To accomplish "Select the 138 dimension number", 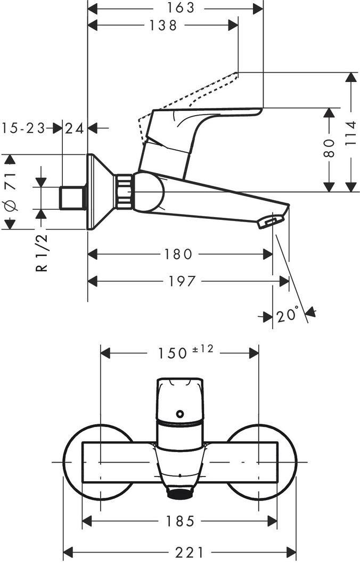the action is tap(163, 26).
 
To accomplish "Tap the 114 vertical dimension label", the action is tap(351, 134).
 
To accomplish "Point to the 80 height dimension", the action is tap(329, 148).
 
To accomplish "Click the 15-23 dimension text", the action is tap(23, 128).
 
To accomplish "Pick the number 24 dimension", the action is tap(75, 128).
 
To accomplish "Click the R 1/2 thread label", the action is tap(42, 253).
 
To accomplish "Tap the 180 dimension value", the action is tap(178, 254).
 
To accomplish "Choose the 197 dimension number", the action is tap(182, 281).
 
